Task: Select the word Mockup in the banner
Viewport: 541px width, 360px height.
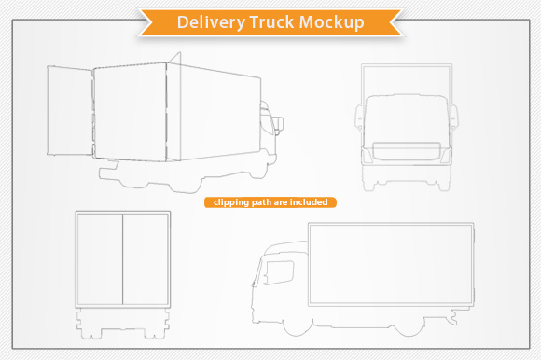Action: click(x=331, y=21)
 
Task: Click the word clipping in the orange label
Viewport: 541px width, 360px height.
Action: click(x=230, y=201)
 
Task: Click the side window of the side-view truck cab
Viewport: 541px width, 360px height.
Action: click(x=279, y=272)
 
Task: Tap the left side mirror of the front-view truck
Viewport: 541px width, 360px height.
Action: click(x=357, y=116)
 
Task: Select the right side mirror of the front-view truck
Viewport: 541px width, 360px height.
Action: click(x=454, y=116)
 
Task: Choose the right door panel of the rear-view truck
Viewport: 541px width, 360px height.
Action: click(x=146, y=256)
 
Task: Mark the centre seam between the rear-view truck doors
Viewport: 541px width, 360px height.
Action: click(x=124, y=256)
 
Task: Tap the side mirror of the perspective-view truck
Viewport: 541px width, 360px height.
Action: click(x=278, y=121)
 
